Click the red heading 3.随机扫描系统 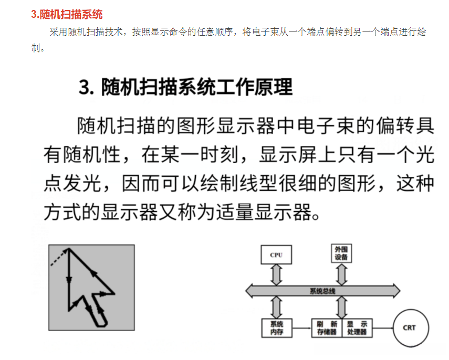pyautogui.click(x=66, y=14)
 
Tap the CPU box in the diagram pyautogui.click(x=276, y=255)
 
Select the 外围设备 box pyautogui.click(x=341, y=253)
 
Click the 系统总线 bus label pyautogui.click(x=322, y=291)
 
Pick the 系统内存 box pyautogui.click(x=276, y=328)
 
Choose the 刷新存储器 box pyautogui.click(x=326, y=328)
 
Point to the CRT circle pyautogui.click(x=409, y=328)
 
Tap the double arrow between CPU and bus pyautogui.click(x=276, y=274)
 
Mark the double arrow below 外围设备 pyautogui.click(x=341, y=274)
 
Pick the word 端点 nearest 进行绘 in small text pyautogui.click(x=380, y=32)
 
